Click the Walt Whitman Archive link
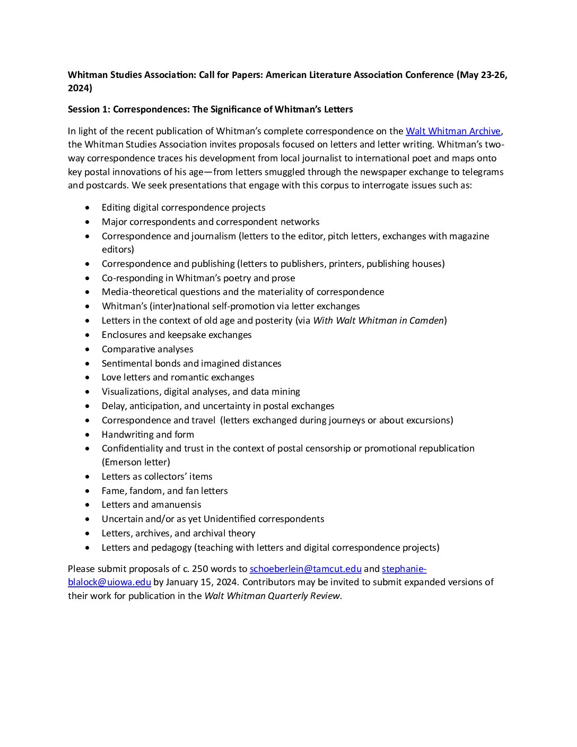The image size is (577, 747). coord(453,131)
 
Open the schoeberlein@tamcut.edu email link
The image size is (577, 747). coord(305,569)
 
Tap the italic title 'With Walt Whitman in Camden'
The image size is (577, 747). coord(378,320)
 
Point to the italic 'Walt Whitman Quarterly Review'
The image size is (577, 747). coord(272,596)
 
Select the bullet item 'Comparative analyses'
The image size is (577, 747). coord(147,349)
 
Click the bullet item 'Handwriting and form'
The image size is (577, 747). coord(148,435)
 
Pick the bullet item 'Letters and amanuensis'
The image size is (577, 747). coord(151,505)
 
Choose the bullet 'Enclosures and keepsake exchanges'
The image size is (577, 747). coord(177,335)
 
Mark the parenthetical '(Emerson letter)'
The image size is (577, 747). coord(136,462)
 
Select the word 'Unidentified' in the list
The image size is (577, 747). coord(231,519)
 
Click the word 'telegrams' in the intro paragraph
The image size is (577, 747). coord(483,172)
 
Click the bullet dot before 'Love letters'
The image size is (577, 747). coord(88,378)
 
